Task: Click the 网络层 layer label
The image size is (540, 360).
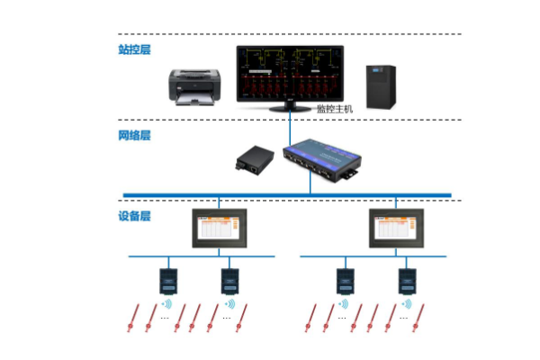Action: [x=134, y=136]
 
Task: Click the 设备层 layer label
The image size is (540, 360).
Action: [x=134, y=217]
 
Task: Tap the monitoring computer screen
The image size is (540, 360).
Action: [x=291, y=73]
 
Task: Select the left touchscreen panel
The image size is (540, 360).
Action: [x=221, y=230]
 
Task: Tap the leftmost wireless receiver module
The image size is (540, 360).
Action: [x=167, y=280]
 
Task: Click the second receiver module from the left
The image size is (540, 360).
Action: [x=229, y=280]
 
